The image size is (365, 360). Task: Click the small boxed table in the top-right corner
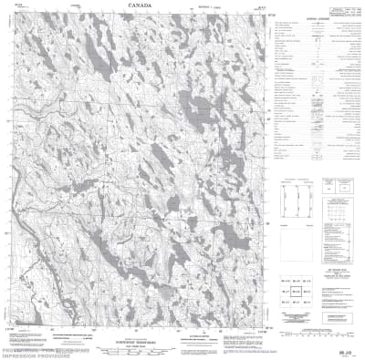click(340, 11)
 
